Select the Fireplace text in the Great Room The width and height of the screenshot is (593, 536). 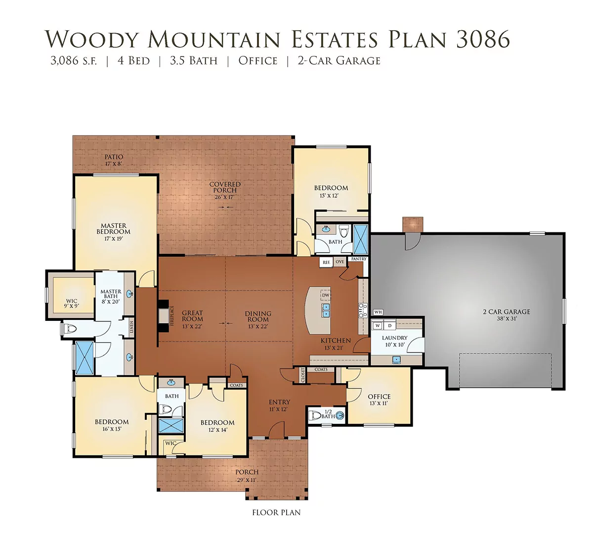point(172,316)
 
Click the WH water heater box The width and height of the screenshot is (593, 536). point(378,312)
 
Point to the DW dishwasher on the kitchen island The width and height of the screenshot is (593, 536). point(326,295)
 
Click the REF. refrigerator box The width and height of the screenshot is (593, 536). point(326,263)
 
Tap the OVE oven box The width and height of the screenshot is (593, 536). point(339,262)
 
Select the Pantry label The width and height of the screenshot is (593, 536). point(359,259)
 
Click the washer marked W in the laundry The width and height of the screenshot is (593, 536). point(378,326)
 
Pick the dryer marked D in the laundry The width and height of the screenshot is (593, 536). point(389,326)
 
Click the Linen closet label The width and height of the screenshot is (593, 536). point(131,327)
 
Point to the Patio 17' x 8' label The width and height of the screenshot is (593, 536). point(114,160)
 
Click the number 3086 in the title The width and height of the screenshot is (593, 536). point(483,39)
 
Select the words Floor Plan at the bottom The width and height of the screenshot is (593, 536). point(276,512)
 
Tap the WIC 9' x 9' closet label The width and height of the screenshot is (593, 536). point(71,304)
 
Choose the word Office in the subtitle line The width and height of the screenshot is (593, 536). point(258,61)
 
